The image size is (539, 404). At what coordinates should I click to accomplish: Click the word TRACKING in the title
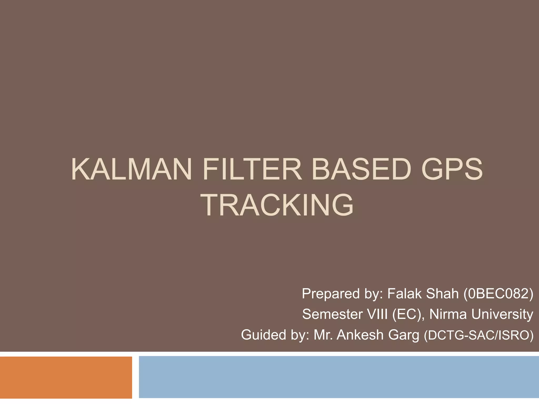[278, 205]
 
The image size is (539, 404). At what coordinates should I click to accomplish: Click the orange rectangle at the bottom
[66, 377]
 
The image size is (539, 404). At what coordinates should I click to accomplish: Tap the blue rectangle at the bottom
[338, 377]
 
